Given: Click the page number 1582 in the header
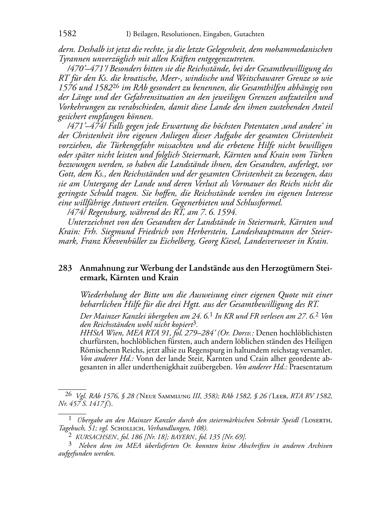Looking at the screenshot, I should pos(67,34).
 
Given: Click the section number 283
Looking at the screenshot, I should pos(65,268).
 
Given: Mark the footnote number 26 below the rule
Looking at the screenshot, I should pos(68,394).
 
